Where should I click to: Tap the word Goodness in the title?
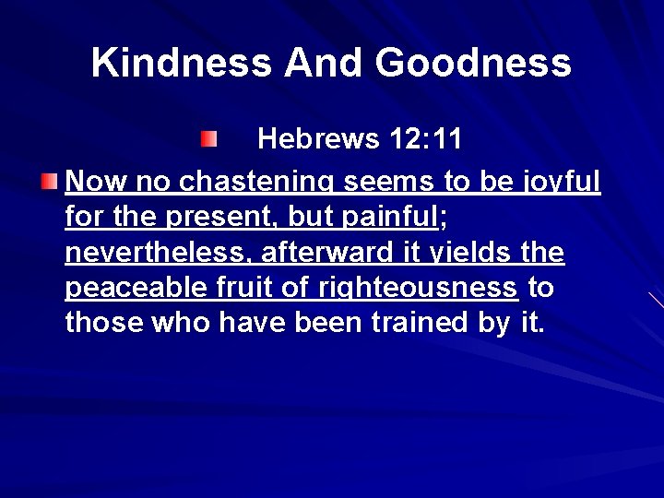pyautogui.click(x=474, y=64)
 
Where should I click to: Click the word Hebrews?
pyautogui.click(x=318, y=139)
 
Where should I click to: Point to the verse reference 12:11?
pyautogui.click(x=424, y=139)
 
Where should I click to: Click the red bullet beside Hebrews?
pyautogui.click(x=209, y=139)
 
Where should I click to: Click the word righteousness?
pyautogui.click(x=417, y=289)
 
